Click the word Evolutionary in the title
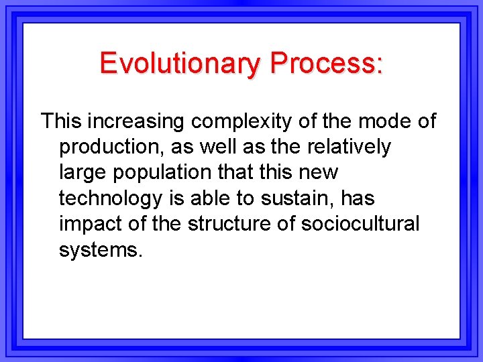180,64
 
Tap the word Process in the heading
322,64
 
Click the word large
83,172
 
